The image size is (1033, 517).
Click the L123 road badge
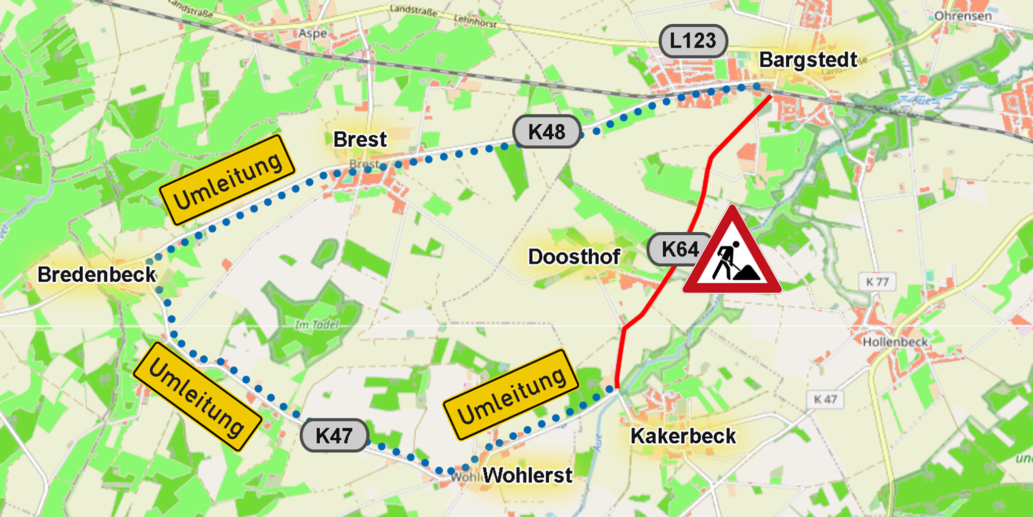click(693, 41)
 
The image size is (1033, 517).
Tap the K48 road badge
click(547, 132)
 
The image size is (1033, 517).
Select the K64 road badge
click(679, 249)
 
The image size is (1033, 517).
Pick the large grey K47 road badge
click(334, 435)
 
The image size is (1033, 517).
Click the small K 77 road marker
click(877, 282)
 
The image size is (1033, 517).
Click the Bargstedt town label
click(808, 60)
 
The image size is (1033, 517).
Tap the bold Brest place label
click(360, 139)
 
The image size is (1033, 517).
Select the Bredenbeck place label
click(97, 275)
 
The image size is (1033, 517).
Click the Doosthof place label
click(574, 257)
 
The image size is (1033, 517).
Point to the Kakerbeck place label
click(683, 436)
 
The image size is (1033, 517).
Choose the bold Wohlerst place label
click(528, 475)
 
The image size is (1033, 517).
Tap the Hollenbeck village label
click(895, 342)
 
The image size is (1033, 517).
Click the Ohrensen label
click(963, 16)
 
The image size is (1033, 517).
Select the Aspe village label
click(313, 34)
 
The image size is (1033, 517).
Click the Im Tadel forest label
click(317, 325)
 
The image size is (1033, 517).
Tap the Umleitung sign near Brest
click(227, 180)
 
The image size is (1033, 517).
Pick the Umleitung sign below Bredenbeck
click(197, 397)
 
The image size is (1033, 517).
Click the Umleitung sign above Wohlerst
click(511, 395)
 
